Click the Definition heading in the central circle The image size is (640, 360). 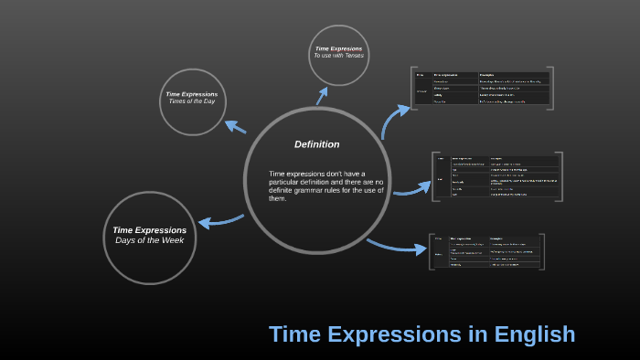316,144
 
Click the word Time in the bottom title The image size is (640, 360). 301,334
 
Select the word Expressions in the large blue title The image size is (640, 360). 400,334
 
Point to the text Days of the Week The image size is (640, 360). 150,240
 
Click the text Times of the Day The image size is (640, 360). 192,101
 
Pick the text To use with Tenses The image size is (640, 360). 338,56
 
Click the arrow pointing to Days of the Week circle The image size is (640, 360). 220,221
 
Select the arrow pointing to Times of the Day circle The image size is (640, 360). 235,126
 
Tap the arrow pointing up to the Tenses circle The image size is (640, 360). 322,94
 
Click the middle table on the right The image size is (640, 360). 496,176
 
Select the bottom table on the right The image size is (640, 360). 485,250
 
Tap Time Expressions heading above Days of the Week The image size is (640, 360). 150,229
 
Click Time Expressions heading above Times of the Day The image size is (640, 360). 192,93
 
